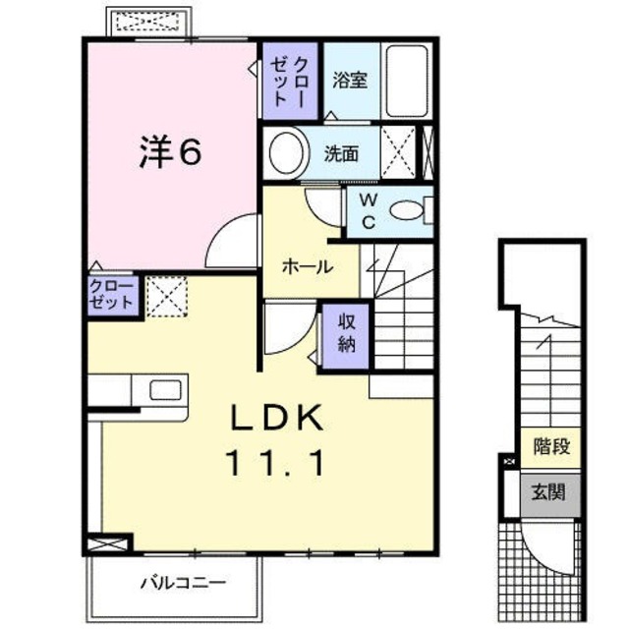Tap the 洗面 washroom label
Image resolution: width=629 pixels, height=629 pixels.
click(342, 153)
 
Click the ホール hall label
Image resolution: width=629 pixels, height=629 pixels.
click(307, 266)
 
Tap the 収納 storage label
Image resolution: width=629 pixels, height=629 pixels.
click(347, 332)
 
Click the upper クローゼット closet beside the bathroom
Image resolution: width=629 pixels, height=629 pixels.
click(291, 79)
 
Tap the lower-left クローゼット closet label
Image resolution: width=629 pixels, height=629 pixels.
click(111, 295)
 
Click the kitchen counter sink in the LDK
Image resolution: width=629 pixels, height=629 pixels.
click(160, 388)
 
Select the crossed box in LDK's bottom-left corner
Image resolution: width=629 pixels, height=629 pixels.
click(108, 543)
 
